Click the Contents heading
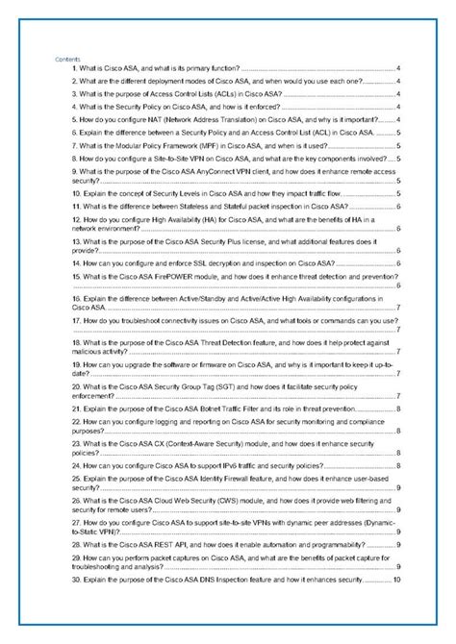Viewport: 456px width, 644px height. [x=69, y=61]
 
